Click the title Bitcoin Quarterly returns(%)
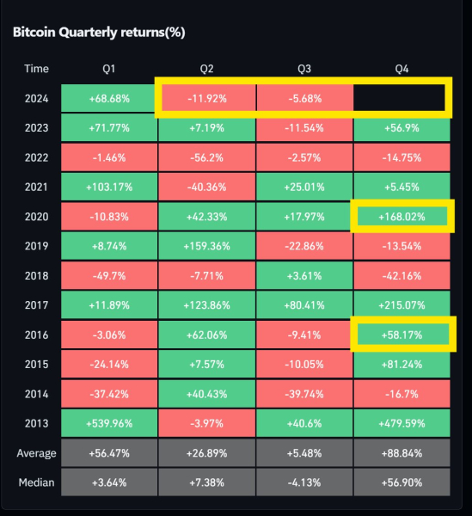click(x=99, y=33)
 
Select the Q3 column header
click(x=304, y=69)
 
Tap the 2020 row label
click(x=37, y=217)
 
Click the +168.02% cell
click(x=402, y=217)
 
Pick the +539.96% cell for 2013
click(x=108, y=423)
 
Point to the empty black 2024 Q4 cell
click(x=402, y=98)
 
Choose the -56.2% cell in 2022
click(x=206, y=157)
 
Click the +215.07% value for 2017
click(x=402, y=305)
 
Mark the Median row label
click(x=37, y=482)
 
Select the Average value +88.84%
click(x=402, y=453)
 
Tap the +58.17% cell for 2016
click(x=402, y=335)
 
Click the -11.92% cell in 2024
click(x=206, y=98)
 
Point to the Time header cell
click(x=37, y=69)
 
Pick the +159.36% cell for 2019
click(x=206, y=246)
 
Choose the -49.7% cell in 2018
click(x=108, y=275)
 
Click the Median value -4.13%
click(x=304, y=482)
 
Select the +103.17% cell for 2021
click(x=108, y=187)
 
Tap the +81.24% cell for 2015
click(x=402, y=364)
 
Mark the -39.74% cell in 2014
click(x=304, y=394)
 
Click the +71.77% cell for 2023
click(x=108, y=127)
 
